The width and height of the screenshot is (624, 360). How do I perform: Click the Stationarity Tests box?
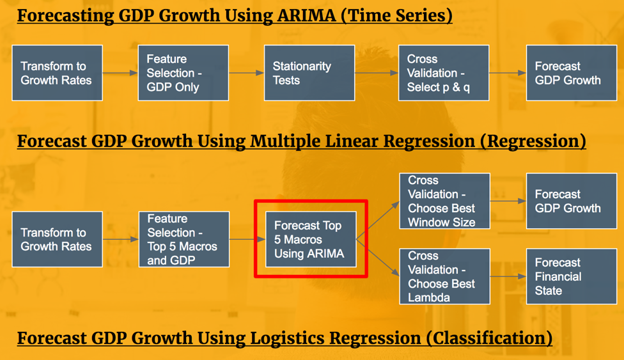pos(309,73)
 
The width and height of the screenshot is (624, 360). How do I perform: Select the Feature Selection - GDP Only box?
pos(183,73)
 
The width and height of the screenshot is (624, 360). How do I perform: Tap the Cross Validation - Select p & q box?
pos(444,73)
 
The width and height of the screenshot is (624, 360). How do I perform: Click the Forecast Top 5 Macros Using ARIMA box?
pos(311,239)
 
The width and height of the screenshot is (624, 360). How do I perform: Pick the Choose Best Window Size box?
pos(444,201)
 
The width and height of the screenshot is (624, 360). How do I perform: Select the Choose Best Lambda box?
pos(444,277)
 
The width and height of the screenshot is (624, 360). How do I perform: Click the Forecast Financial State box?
pos(572,277)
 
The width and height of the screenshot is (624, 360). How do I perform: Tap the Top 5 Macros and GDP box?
pos(184,239)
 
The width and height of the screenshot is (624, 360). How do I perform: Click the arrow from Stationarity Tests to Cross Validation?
pos(377,73)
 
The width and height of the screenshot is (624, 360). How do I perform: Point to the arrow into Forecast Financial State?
pos(508,276)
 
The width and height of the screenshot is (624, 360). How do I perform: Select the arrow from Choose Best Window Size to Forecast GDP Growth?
pos(508,201)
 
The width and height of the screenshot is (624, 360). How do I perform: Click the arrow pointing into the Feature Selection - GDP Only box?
pos(120,73)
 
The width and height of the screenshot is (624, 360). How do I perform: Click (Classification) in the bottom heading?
pos(489,338)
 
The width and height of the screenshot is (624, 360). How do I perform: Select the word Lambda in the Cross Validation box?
pos(429,298)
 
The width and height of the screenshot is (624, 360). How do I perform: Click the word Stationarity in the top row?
pos(302,66)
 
